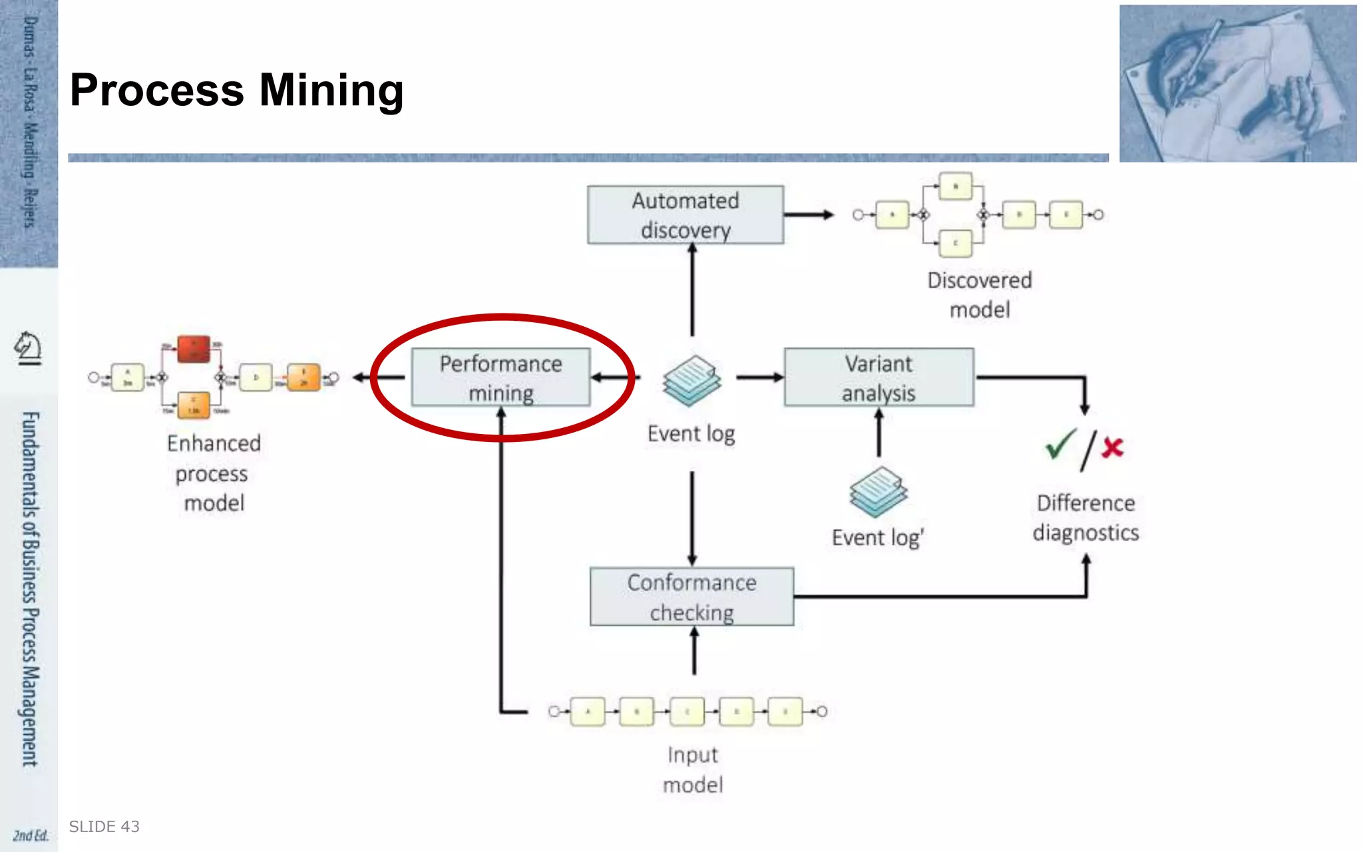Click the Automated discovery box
click(685, 215)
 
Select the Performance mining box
click(500, 377)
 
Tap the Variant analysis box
click(878, 377)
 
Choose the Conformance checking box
click(691, 597)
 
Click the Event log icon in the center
click(691, 381)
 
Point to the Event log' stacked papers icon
click(878, 492)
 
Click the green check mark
click(1060, 444)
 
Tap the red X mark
click(1112, 447)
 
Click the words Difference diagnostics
click(1085, 518)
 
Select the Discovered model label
click(980, 295)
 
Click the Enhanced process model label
click(214, 473)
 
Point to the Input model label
click(693, 769)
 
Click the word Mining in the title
click(331, 90)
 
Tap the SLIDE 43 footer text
click(104, 827)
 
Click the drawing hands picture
click(1237, 84)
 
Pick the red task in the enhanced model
click(194, 349)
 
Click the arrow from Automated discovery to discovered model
click(808, 214)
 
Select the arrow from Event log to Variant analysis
click(759, 377)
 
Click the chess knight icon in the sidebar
click(28, 347)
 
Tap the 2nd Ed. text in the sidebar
click(31, 835)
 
